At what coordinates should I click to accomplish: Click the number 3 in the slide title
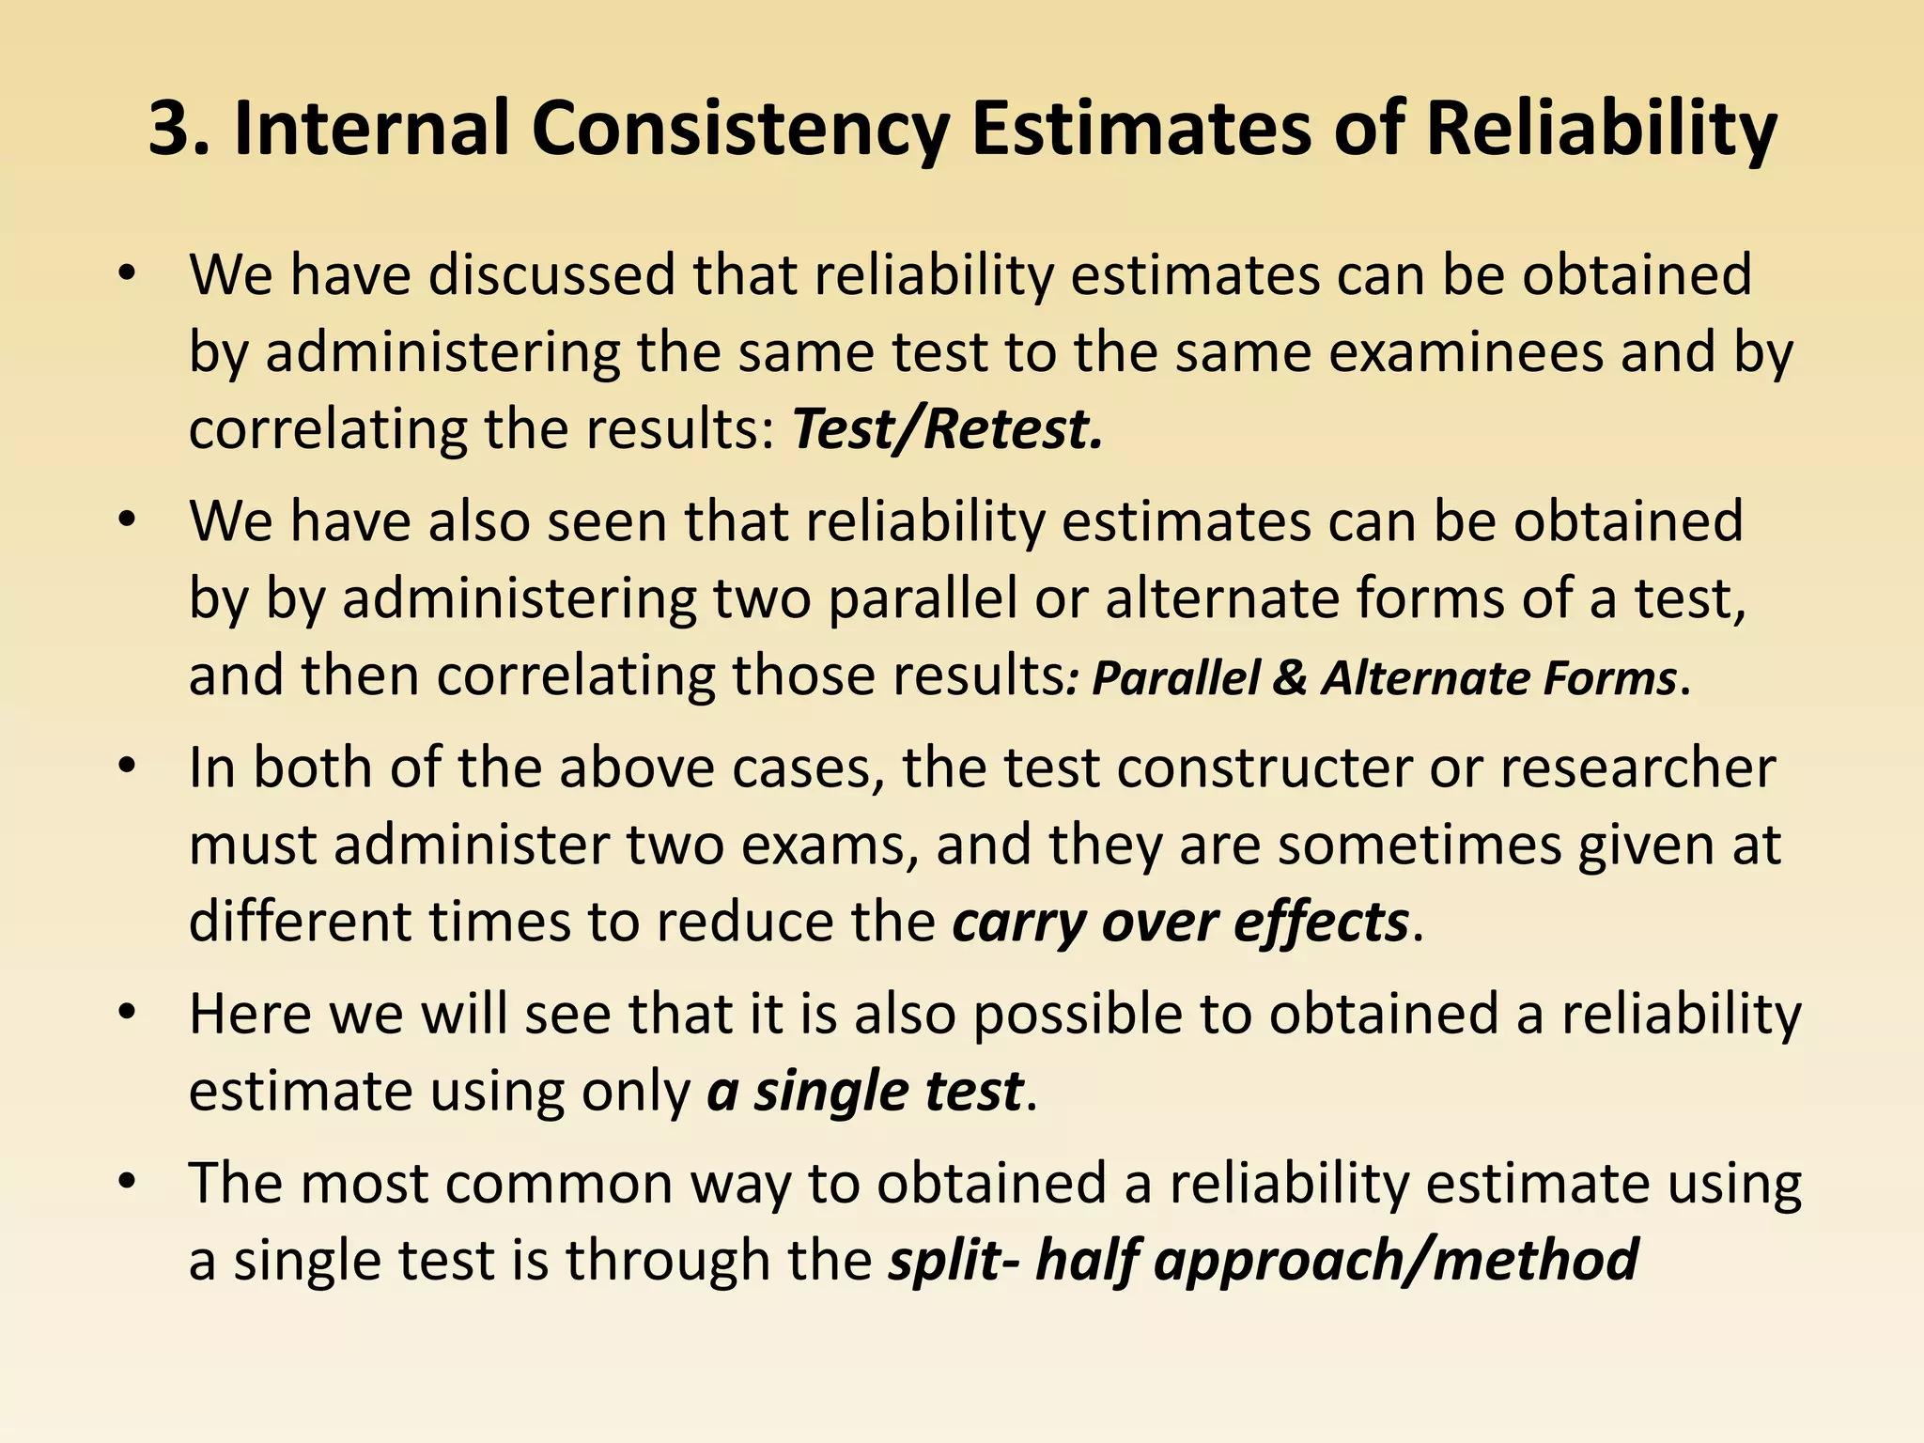[172, 130]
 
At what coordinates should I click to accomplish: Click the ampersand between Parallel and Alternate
[1290, 677]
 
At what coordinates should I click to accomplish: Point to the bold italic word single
[830, 1092]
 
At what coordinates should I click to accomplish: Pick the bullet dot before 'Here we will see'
[129, 1013]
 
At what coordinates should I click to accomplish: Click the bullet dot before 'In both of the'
[129, 766]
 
